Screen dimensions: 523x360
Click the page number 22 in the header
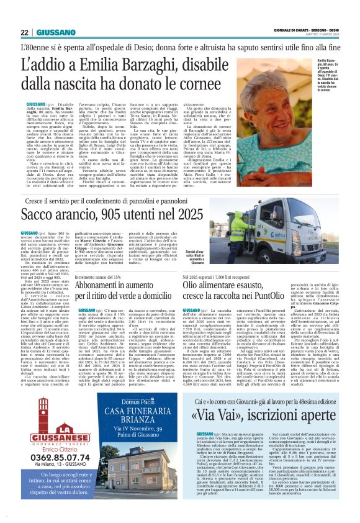point(25,33)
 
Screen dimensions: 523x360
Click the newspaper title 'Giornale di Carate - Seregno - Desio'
point(307,29)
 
